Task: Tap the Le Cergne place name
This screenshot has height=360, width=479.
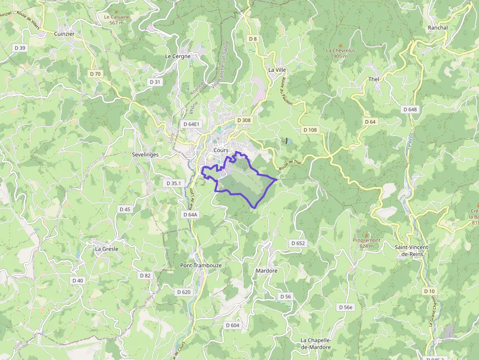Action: [x=178, y=56]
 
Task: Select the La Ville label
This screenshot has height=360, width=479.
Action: [x=277, y=70]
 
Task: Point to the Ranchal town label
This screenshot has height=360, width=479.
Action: [x=437, y=28]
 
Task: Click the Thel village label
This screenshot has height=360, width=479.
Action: [x=374, y=79]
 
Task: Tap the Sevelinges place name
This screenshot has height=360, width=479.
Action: [x=145, y=154]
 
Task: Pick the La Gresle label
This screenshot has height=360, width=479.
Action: [x=107, y=249]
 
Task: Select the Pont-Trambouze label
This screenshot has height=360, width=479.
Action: [x=201, y=265]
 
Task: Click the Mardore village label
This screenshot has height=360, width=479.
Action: [x=266, y=271]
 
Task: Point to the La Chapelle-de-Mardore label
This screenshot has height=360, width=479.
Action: [x=316, y=343]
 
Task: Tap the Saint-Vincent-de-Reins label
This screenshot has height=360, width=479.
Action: [x=412, y=251]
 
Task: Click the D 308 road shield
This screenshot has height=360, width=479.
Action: [x=243, y=120]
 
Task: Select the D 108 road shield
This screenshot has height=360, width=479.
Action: [x=310, y=130]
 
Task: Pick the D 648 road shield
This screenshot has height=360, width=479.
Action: [x=411, y=109]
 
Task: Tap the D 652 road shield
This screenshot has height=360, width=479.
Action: [x=298, y=243]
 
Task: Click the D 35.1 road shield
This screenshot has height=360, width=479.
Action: [x=174, y=183]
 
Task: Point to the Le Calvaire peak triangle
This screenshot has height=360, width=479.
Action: [x=116, y=11]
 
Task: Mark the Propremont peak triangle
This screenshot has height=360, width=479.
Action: [x=367, y=235]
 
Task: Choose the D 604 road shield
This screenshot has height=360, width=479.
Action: [x=233, y=325]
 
